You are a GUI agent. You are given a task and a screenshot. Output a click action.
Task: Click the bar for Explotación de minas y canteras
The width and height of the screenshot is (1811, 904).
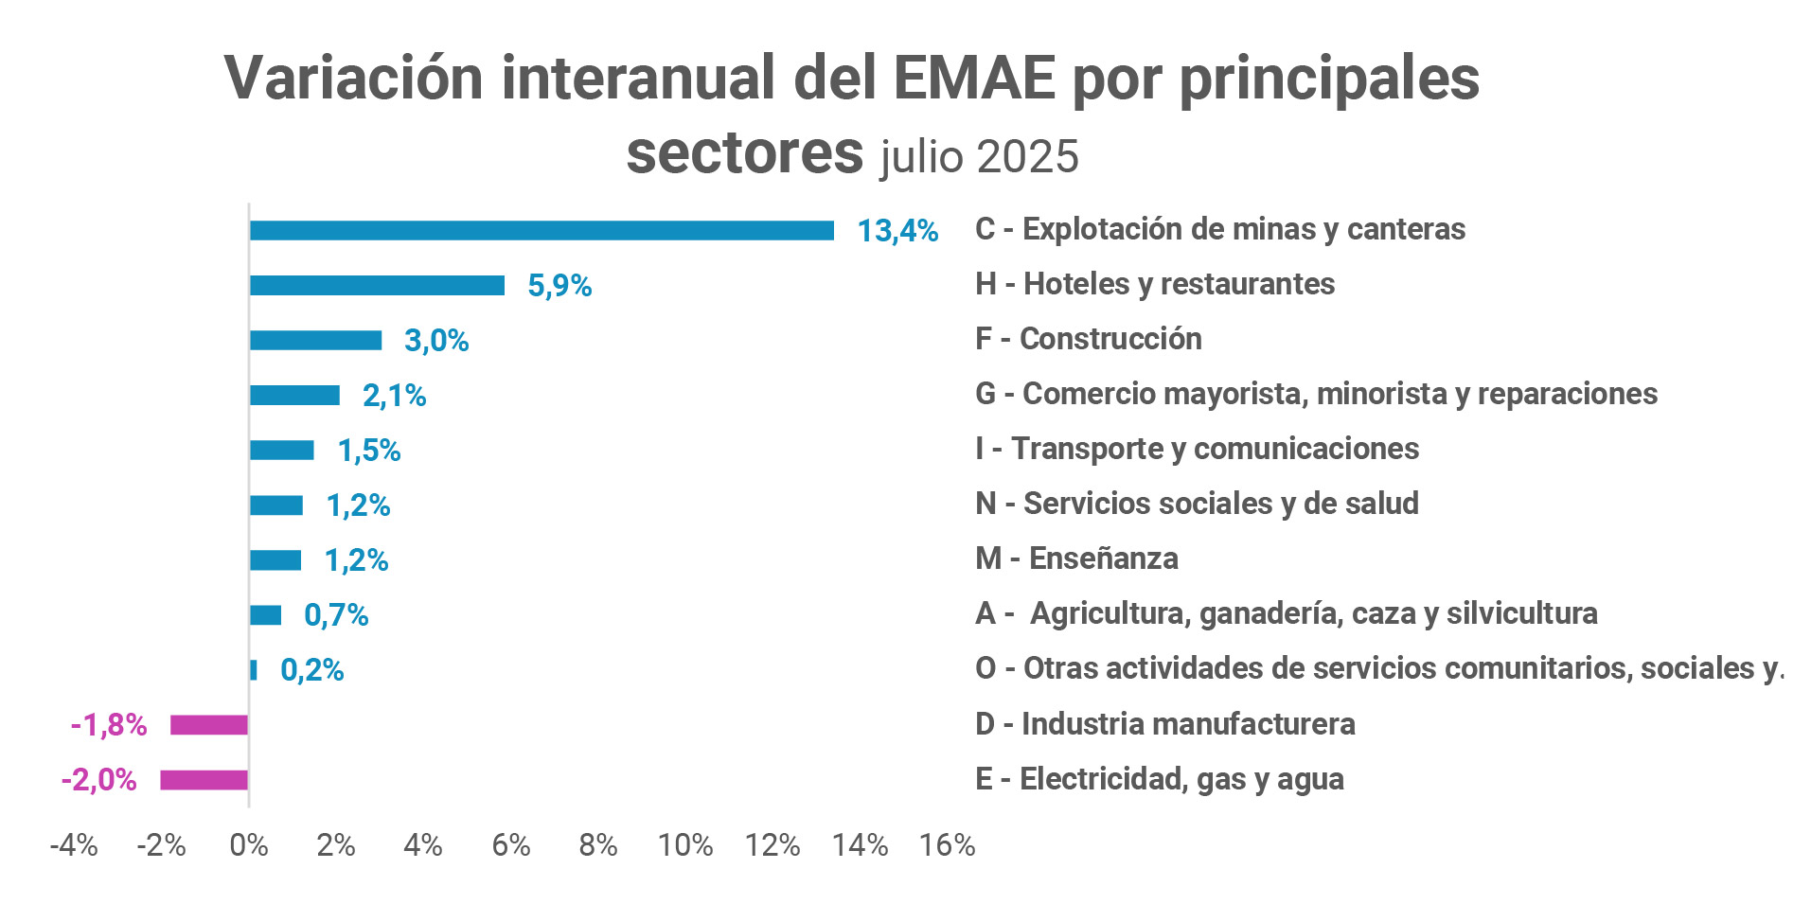click(542, 230)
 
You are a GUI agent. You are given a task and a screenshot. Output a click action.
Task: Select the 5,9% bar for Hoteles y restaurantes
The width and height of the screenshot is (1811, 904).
click(377, 285)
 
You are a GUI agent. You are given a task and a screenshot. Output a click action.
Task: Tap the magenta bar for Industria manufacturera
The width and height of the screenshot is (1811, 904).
click(209, 725)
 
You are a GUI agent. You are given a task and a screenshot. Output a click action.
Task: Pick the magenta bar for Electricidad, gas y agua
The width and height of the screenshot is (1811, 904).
click(204, 780)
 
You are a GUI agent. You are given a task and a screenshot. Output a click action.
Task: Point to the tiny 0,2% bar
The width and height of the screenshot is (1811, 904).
click(254, 670)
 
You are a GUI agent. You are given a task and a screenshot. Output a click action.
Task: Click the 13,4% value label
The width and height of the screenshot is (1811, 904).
click(897, 231)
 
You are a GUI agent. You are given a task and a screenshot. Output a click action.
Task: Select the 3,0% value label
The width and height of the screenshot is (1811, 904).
click(436, 341)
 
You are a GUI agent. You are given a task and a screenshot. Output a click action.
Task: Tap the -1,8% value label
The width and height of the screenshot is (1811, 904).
click(109, 725)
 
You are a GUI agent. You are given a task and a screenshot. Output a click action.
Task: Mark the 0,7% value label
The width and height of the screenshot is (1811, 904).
click(336, 615)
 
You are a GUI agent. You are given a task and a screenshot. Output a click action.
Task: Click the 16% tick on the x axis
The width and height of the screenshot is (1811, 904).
click(947, 845)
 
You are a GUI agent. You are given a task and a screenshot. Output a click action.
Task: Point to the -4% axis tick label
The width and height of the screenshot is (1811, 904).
click(74, 845)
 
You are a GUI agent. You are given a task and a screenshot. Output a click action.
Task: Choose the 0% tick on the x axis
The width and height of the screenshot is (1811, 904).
click(249, 845)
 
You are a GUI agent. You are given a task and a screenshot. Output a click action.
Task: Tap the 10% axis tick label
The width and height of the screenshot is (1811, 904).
click(685, 845)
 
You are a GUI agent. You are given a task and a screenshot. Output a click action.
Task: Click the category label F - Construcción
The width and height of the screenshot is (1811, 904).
click(1088, 339)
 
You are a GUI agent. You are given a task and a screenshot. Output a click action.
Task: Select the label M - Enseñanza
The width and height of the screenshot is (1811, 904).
click(1076, 558)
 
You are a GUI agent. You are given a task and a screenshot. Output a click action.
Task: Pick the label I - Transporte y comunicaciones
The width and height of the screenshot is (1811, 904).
click(1197, 449)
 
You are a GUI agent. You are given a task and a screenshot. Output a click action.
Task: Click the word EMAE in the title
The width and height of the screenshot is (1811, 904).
click(973, 78)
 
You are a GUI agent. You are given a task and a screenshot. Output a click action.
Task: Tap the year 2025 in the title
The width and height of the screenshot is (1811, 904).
click(1027, 157)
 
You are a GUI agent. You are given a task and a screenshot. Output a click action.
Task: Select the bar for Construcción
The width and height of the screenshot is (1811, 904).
click(315, 341)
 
